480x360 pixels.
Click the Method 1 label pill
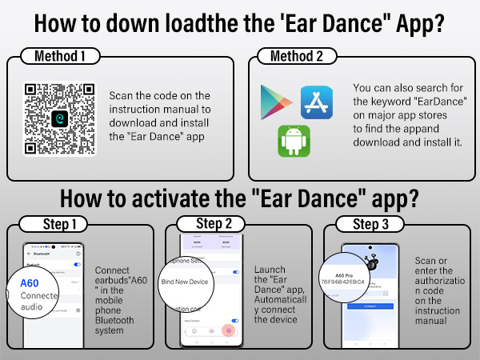click(x=59, y=56)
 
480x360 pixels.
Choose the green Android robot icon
click(x=294, y=140)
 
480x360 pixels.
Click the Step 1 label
click(x=52, y=223)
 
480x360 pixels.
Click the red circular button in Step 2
click(x=230, y=329)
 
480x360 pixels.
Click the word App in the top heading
click(x=398, y=22)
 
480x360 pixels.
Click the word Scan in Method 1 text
click(x=122, y=96)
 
